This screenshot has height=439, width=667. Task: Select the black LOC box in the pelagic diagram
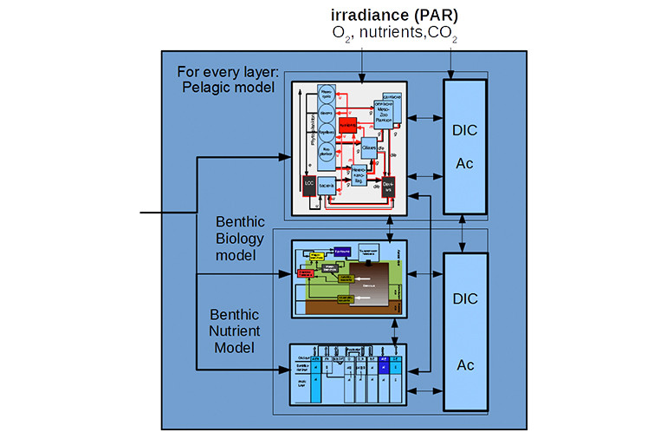[308, 184]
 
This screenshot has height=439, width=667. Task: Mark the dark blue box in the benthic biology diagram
[342, 250]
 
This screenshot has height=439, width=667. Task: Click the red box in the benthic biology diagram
[305, 273]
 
